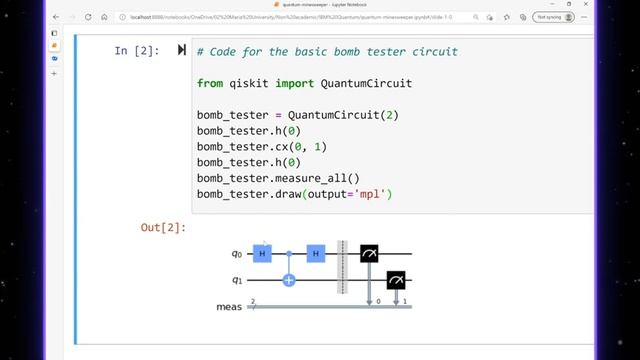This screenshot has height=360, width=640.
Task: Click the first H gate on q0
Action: point(263,255)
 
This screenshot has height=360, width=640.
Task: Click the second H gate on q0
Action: point(317,255)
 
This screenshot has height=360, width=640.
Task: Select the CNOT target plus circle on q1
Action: point(290,281)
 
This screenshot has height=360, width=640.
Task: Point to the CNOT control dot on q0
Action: point(290,255)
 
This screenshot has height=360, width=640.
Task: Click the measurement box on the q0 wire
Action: point(370,255)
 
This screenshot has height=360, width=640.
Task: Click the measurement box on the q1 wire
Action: point(397,281)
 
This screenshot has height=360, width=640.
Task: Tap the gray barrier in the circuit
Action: point(343,268)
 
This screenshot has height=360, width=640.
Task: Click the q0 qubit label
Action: point(236,255)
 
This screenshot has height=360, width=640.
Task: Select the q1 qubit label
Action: point(236,281)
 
